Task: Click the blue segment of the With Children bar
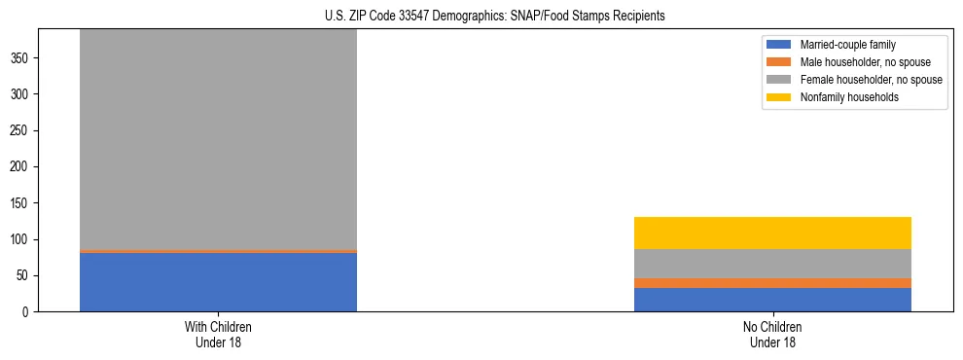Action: tap(218, 282)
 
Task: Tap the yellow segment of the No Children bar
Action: tap(772, 233)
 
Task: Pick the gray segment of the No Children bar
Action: tap(772, 264)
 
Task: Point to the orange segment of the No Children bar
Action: tap(772, 283)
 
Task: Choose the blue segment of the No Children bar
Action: tap(772, 300)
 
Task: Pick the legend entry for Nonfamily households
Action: tap(843, 97)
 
